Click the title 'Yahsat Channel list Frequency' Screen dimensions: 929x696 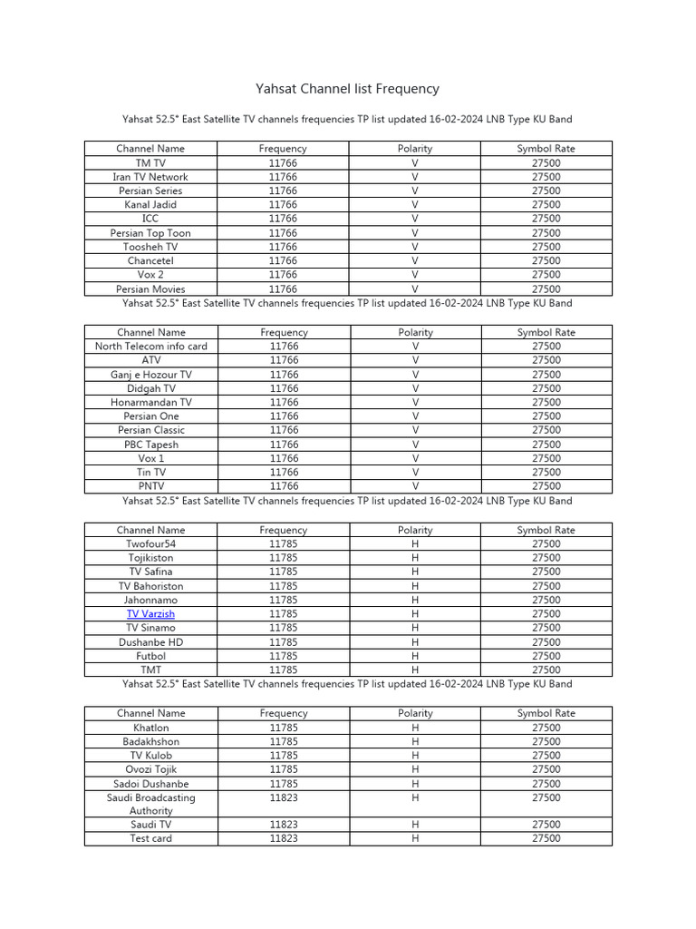click(x=348, y=89)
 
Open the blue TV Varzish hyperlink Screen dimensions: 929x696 click(x=150, y=614)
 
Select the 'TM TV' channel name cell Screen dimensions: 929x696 click(x=150, y=163)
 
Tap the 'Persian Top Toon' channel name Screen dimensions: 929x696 click(x=150, y=233)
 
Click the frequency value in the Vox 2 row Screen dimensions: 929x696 click(x=283, y=275)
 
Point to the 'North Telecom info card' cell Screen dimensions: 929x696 click(x=150, y=347)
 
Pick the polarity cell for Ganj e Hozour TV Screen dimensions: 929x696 click(x=415, y=375)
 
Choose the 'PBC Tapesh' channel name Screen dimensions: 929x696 click(x=150, y=445)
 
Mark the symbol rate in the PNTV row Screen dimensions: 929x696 click(x=546, y=486)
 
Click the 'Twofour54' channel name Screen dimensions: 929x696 click(x=150, y=544)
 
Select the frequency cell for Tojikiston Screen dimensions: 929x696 click(x=283, y=558)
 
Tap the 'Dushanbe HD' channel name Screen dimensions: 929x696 click(x=150, y=642)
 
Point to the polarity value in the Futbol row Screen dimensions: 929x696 click(x=415, y=656)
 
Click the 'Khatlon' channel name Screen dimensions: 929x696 click(x=150, y=728)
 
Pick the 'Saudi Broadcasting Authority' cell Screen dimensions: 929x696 click(x=150, y=804)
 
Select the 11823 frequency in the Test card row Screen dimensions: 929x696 click(x=283, y=839)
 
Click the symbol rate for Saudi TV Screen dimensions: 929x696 click(x=546, y=825)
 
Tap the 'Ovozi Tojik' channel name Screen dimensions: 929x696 click(x=150, y=769)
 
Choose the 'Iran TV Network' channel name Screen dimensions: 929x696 click(x=150, y=177)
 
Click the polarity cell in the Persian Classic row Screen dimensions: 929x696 click(x=415, y=430)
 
